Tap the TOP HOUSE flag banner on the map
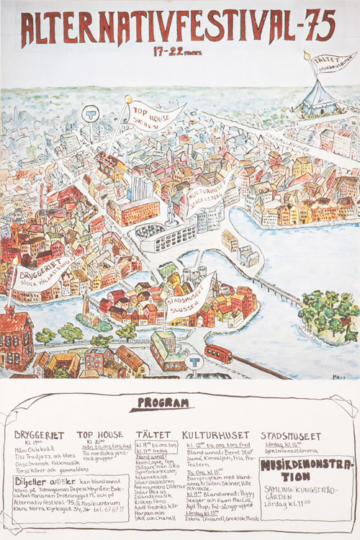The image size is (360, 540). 157,115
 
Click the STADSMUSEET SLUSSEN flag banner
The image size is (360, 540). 189,297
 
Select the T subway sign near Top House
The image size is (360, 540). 91,113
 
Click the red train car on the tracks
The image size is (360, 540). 218,354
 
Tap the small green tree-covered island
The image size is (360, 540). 328,313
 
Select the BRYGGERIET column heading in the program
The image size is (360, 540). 40,436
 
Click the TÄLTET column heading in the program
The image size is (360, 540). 153,435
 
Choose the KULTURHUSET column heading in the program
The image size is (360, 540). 215,435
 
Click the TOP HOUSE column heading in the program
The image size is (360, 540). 100,435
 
